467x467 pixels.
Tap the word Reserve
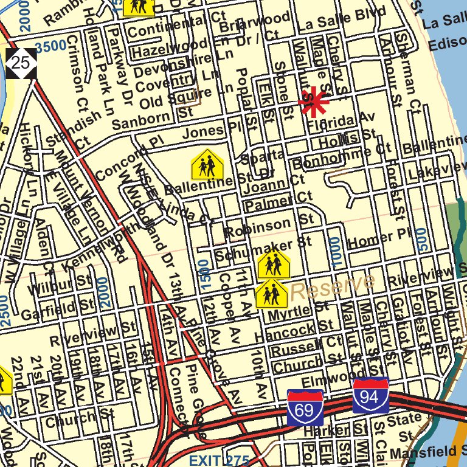point(332,286)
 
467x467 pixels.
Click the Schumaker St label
point(263,247)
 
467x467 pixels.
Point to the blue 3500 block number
point(51,46)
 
